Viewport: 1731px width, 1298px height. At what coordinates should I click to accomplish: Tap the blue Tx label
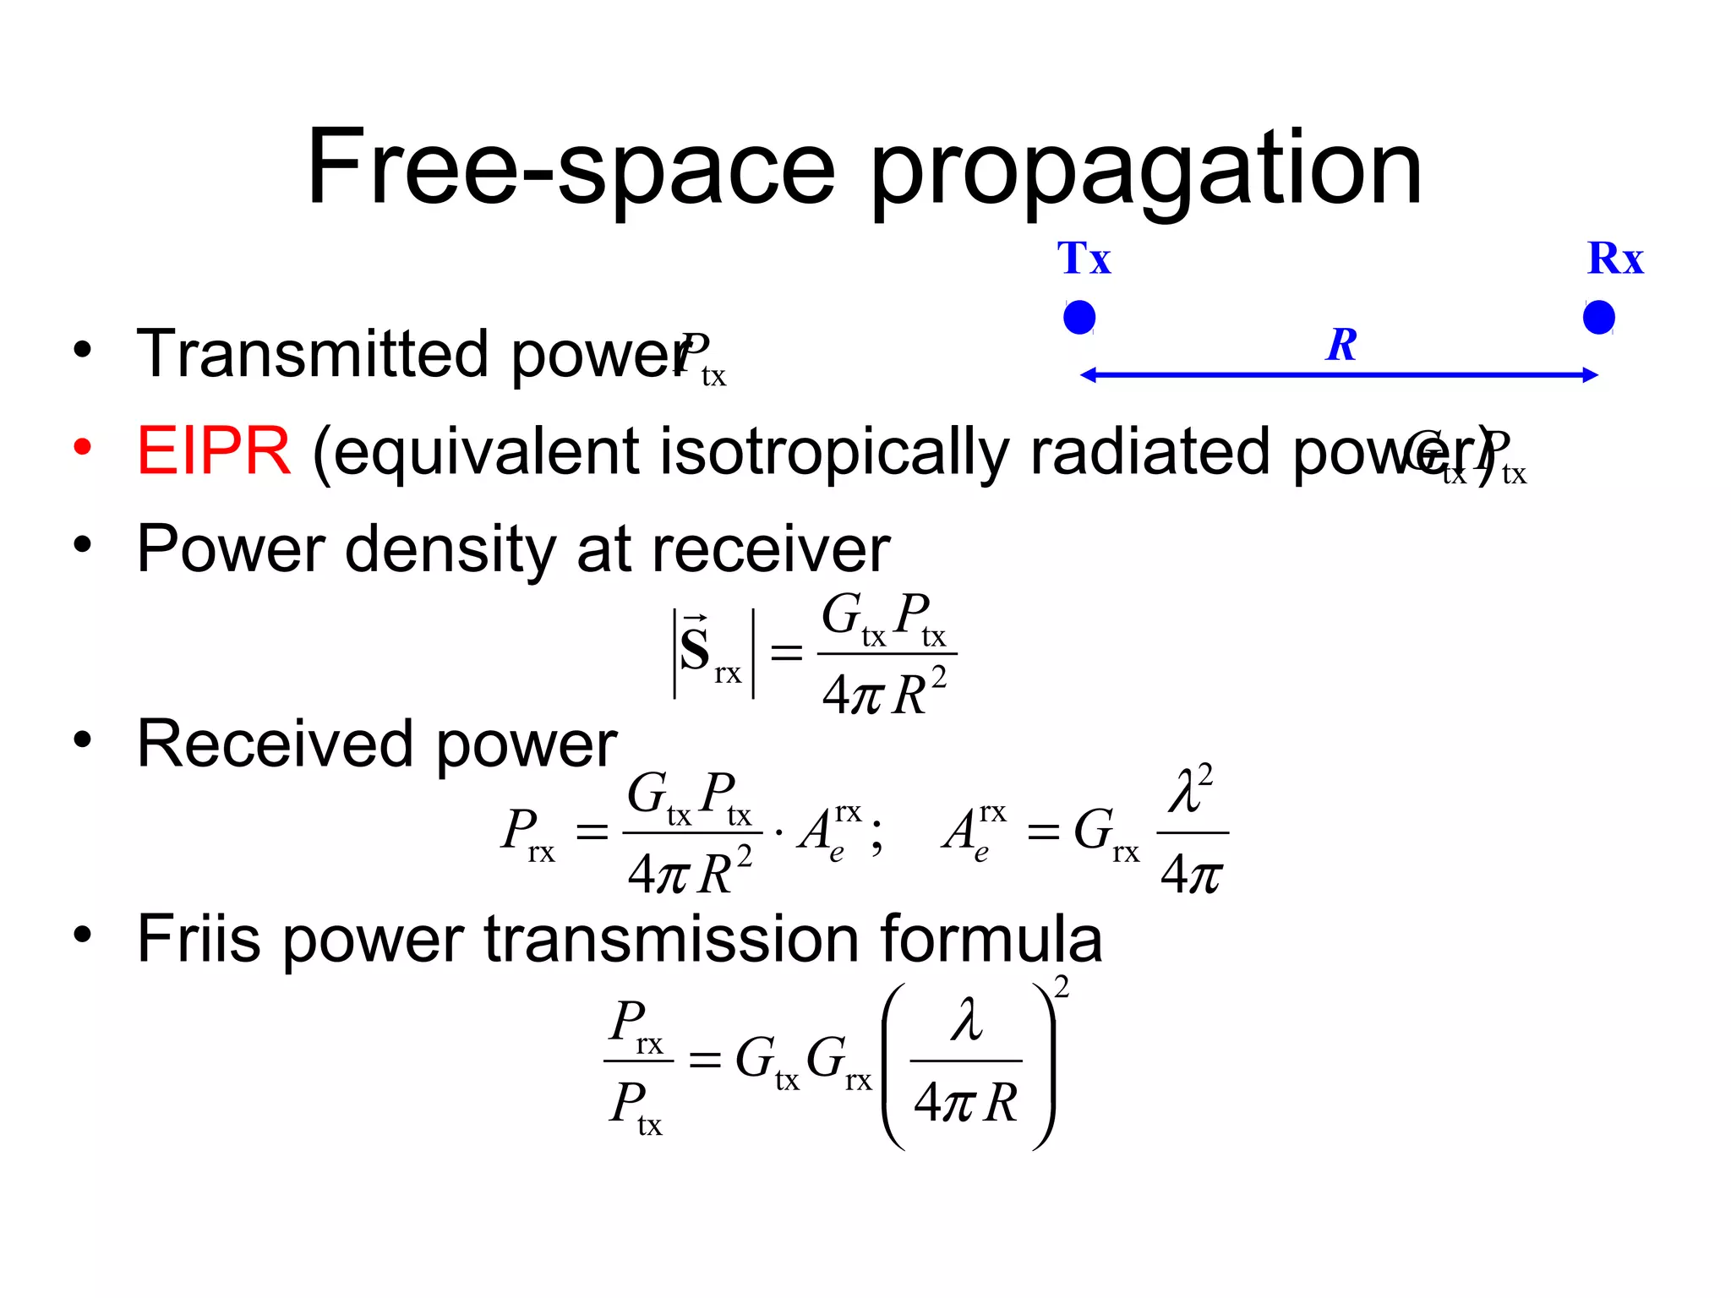click(1084, 259)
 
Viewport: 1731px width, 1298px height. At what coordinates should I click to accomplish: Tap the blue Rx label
click(1615, 259)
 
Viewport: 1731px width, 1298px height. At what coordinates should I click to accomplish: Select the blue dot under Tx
click(1079, 318)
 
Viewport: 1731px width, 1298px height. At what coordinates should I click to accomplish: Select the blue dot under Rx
click(1598, 318)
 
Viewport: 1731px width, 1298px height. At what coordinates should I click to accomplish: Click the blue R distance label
click(1341, 345)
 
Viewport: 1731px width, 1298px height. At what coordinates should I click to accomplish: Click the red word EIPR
click(214, 451)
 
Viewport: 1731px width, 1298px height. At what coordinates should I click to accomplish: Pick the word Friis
click(199, 939)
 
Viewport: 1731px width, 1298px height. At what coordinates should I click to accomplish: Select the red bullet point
click(82, 447)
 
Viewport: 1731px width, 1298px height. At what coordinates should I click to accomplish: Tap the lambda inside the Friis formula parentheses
click(966, 1019)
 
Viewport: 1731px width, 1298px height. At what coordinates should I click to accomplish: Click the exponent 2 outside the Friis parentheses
click(1062, 987)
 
